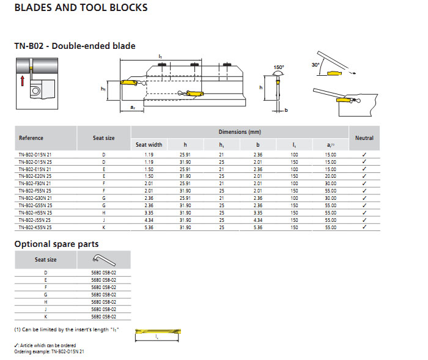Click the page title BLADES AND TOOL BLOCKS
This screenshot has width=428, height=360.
80,8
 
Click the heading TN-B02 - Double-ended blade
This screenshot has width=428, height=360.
75,46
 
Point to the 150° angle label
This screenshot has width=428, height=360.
279,66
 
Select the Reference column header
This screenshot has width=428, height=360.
31,138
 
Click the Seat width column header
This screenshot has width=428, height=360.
149,145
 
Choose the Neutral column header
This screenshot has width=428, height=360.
364,138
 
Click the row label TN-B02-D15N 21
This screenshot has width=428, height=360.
35,155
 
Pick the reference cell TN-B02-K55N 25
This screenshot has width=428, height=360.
35,227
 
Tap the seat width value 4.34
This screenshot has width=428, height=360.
149,220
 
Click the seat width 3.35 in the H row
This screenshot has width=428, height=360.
149,213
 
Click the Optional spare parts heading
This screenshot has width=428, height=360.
56,244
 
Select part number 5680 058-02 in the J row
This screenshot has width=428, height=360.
103,309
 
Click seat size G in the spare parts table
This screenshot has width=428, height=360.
46,295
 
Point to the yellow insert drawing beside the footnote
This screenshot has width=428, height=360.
158,332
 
